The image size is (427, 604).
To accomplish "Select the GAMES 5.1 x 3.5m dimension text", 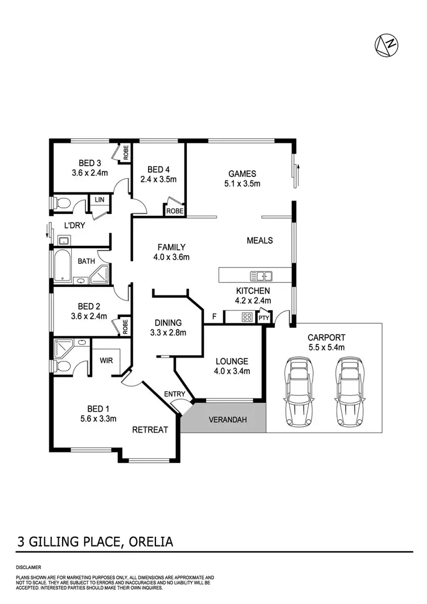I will pos(242,184).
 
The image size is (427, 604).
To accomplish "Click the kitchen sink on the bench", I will pos(264,276).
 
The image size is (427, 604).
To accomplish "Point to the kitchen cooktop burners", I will pos(248,317).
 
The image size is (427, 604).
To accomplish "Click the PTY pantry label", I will pos(264,318).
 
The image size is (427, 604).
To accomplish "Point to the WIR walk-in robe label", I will pos(105,360).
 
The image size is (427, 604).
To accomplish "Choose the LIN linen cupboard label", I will pos(100,199).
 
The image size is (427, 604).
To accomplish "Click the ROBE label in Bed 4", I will pos(175,211).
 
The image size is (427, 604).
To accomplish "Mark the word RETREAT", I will pos(150,430).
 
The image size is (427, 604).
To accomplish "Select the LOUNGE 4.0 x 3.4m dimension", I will pos(232,372).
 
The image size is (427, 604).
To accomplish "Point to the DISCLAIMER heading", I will pos(28,568).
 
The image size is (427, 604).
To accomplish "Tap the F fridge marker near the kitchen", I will pos(215,316).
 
